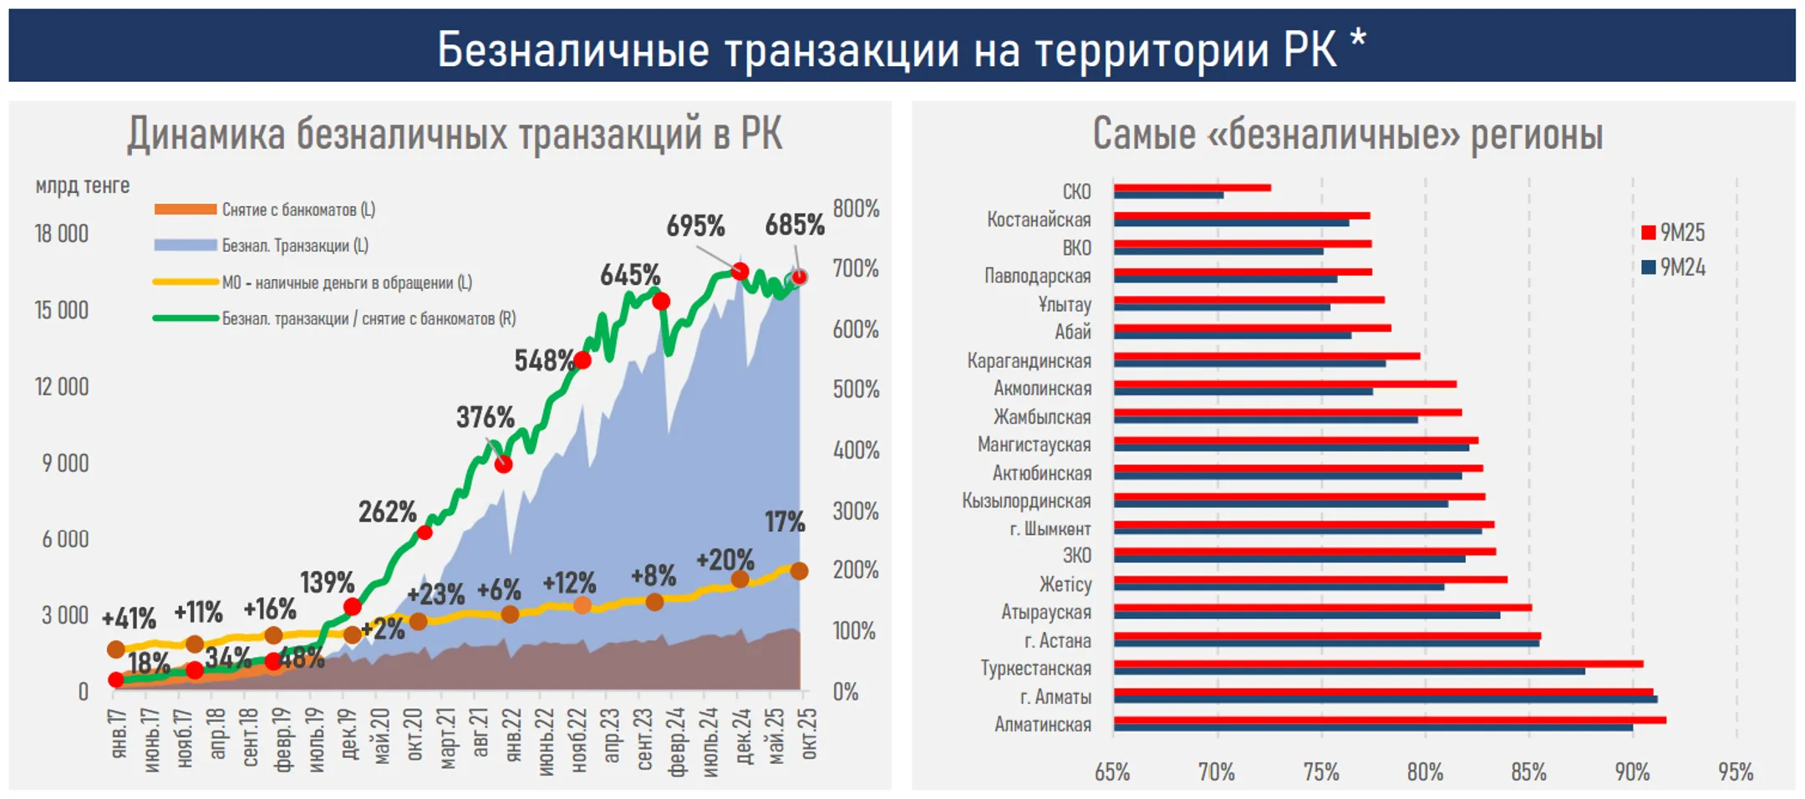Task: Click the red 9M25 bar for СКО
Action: [x=1192, y=188]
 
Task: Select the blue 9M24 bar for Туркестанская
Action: [x=1349, y=671]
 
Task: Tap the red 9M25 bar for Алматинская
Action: [x=1389, y=720]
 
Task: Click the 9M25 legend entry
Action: [x=1673, y=232]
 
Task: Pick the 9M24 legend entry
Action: [x=1673, y=267]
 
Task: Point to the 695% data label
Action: [x=695, y=226]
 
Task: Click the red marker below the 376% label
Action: [x=503, y=464]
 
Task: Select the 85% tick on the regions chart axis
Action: [x=1528, y=771]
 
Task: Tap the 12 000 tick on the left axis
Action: [x=61, y=387]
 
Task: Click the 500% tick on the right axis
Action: [x=855, y=389]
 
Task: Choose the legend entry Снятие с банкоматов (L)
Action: [x=297, y=210]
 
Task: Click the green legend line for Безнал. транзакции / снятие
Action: [x=186, y=318]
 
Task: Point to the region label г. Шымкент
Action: [x=1050, y=529]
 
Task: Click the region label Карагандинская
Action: [x=1029, y=361]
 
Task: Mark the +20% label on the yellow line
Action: [x=725, y=560]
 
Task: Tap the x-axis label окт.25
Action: [x=809, y=734]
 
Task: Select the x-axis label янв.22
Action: [x=513, y=735]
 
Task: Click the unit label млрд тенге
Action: [x=82, y=186]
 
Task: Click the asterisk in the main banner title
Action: [x=1358, y=40]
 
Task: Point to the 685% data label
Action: [x=794, y=225]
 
